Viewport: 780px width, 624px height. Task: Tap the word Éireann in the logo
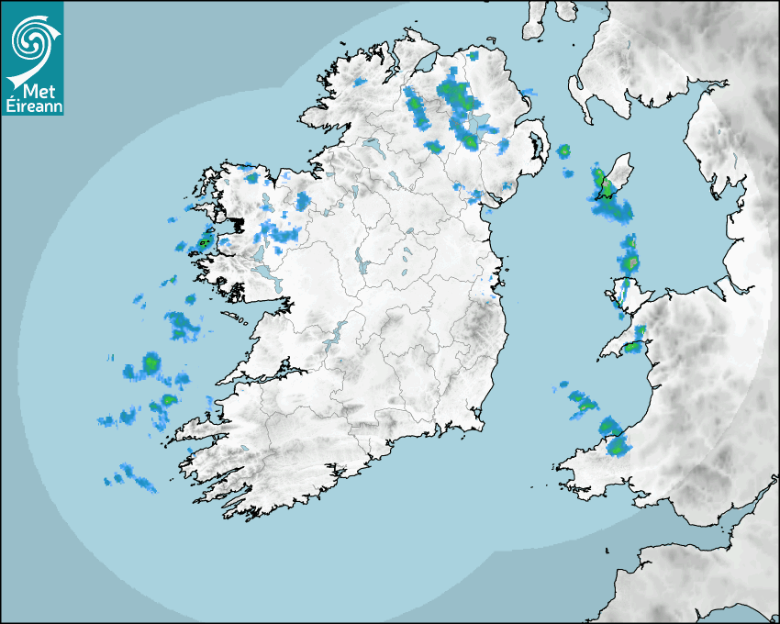[x=31, y=107]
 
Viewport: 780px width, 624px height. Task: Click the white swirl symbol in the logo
[x=30, y=41]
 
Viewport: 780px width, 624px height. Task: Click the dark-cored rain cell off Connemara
[x=204, y=242]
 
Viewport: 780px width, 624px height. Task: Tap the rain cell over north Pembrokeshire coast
[x=618, y=447]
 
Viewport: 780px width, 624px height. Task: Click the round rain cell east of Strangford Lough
[x=563, y=150]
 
